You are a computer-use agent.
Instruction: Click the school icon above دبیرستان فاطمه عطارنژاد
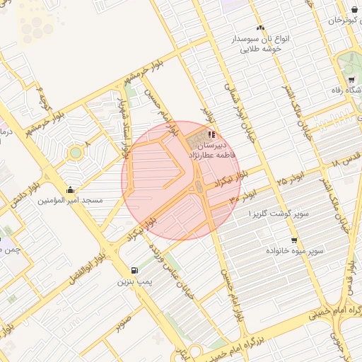coord(211,134)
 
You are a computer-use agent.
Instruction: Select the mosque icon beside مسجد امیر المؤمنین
coord(70,190)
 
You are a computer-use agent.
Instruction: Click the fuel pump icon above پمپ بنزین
coord(134,271)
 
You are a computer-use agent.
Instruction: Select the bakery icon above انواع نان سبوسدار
coord(260,28)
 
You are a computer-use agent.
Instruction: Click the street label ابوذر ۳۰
coord(242,196)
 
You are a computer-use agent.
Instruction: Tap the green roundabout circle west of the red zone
coord(75,153)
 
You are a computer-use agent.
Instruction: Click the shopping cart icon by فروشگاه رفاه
coord(352,79)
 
